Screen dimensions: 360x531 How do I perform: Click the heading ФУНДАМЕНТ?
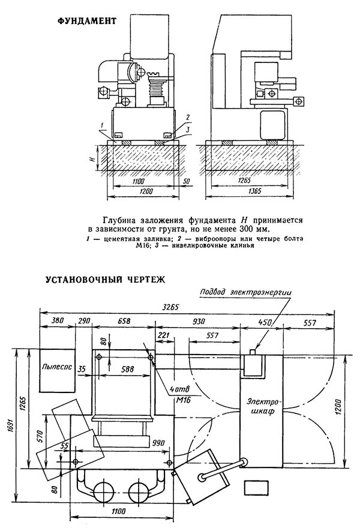tap(87, 21)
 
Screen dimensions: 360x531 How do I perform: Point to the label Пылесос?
tap(57, 367)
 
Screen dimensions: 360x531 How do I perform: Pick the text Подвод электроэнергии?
tap(245, 292)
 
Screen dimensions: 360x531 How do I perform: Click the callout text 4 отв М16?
tap(180, 395)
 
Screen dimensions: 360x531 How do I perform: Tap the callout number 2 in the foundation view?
tap(188, 118)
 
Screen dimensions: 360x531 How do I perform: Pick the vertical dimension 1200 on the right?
tap(340, 408)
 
